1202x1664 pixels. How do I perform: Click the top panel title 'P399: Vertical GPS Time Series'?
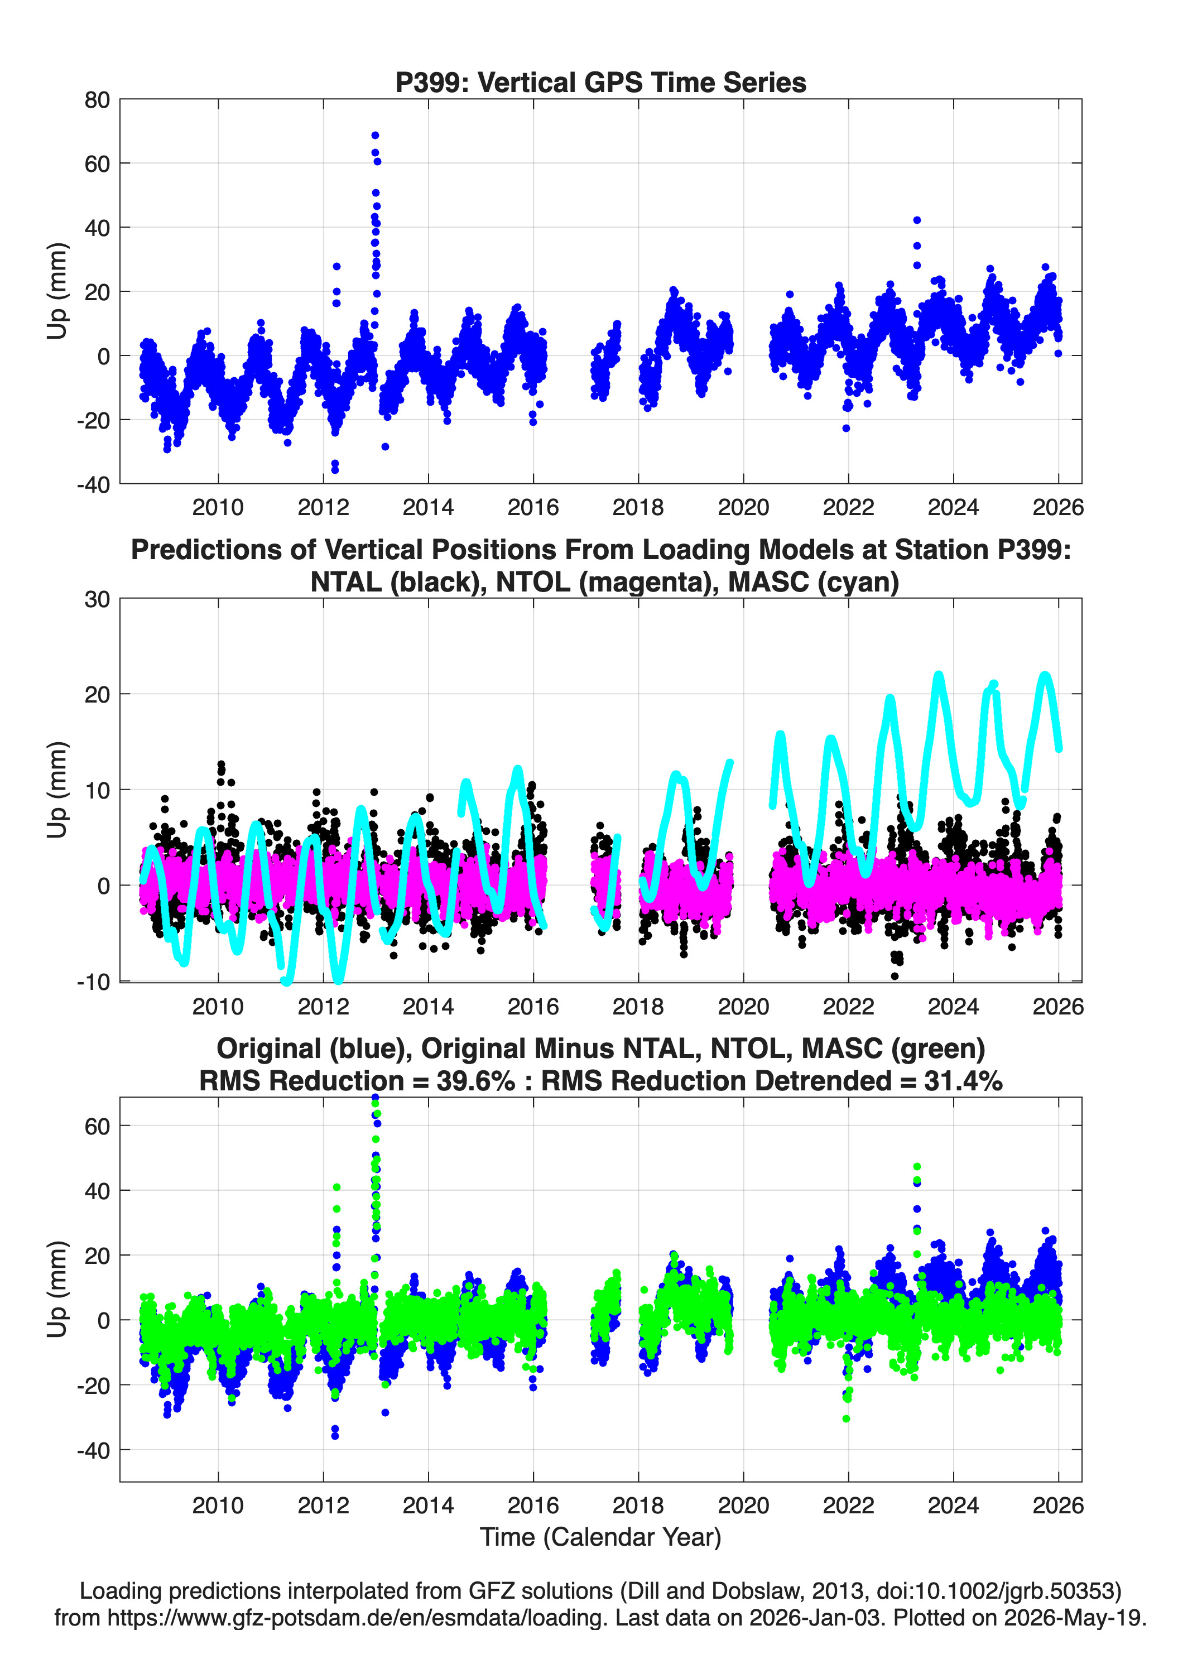(600, 82)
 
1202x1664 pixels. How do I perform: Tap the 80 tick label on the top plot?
(98, 100)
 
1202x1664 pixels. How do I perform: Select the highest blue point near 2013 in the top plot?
(375, 136)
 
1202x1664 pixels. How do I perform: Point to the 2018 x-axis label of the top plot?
(638, 507)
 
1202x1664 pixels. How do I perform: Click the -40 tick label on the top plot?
(93, 484)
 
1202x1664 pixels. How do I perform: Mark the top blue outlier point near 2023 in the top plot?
(916, 220)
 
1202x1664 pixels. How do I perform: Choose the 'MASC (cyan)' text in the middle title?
(814, 582)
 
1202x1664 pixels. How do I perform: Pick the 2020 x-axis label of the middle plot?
(743, 1006)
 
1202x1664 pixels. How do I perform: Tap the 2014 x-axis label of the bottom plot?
(428, 1505)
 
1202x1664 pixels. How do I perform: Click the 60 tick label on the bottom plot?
(98, 1126)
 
